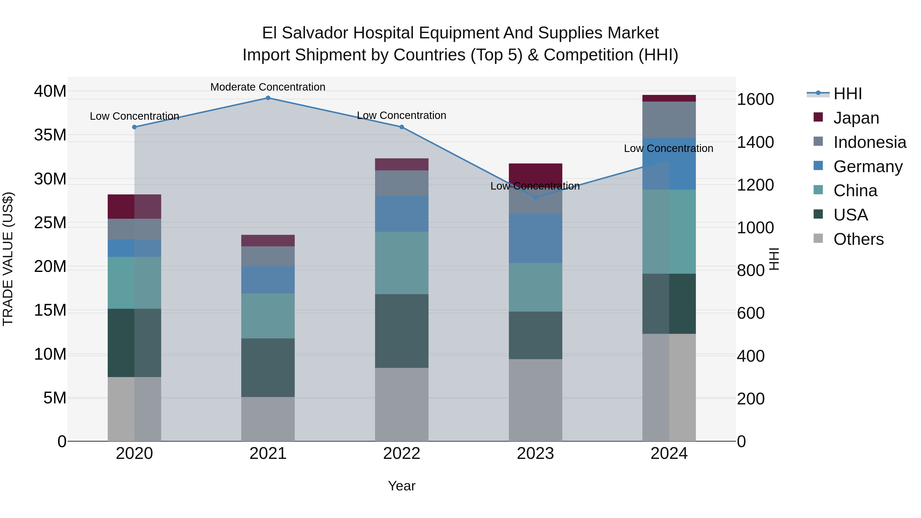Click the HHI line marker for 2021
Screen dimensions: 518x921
268,98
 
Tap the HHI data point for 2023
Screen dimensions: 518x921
535,197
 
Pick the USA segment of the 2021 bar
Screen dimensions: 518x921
268,368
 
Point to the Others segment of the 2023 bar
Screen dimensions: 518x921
535,400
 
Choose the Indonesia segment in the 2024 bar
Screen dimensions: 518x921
669,120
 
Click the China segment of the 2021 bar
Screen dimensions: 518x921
268,316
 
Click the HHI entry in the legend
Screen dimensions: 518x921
847,94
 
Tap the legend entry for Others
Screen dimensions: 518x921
858,239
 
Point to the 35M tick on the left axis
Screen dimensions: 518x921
50,135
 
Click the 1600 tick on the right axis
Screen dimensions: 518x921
755,100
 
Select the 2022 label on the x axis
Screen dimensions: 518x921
401,454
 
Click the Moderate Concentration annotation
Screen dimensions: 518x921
268,87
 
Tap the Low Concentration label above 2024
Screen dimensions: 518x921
668,148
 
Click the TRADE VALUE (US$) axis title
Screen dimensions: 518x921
8,259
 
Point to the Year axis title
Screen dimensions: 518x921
401,486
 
